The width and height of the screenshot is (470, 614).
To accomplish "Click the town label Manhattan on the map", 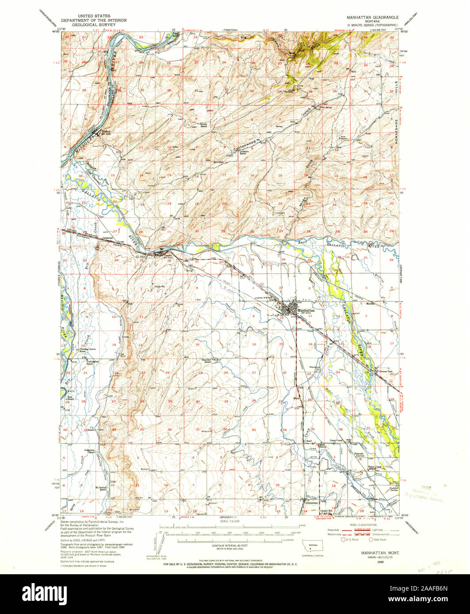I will click(x=305, y=311).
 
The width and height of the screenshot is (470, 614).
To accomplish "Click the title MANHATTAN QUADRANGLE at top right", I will click(x=373, y=16).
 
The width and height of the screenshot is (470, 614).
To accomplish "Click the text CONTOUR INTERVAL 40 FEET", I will click(x=229, y=546).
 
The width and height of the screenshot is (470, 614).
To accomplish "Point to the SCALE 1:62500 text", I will click(x=229, y=522).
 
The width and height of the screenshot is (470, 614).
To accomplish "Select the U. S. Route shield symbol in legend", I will click(x=343, y=539).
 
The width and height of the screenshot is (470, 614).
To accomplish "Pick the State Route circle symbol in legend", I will click(x=371, y=539).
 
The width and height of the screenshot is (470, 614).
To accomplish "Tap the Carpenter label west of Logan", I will click(x=108, y=239).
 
